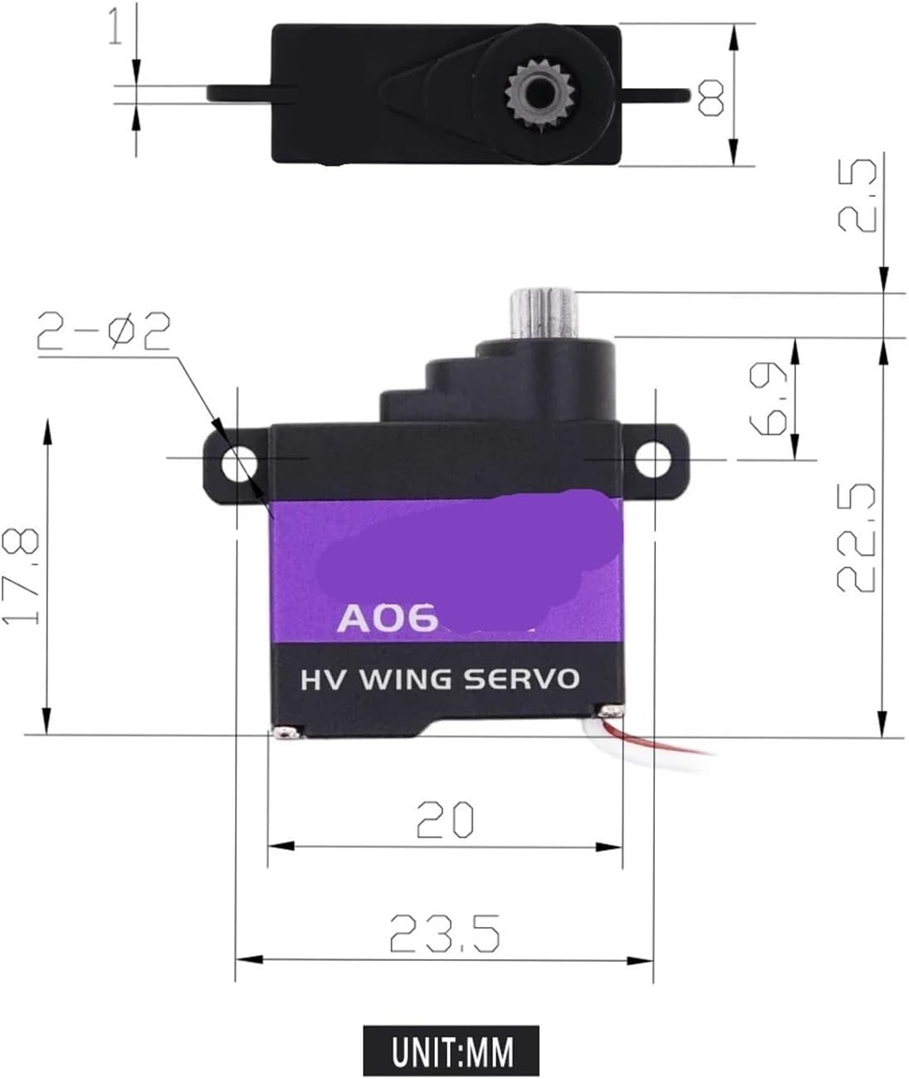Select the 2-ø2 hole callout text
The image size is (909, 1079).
click(x=103, y=332)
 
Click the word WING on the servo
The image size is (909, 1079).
click(x=406, y=679)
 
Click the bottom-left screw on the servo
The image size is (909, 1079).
click(x=285, y=732)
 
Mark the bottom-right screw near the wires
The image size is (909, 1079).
click(x=612, y=710)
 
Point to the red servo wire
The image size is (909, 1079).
click(x=664, y=741)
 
